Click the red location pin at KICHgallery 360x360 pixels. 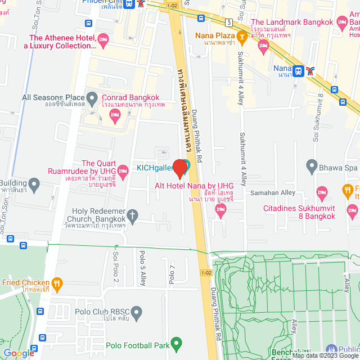pyautogui.click(x=181, y=168)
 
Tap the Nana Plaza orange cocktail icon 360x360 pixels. pyautogui.click(x=242, y=38)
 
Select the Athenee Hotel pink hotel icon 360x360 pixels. pyautogui.click(x=102, y=39)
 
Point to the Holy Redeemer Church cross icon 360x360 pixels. pyautogui.click(x=133, y=215)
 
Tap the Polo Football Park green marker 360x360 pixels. pyautogui.click(x=177, y=343)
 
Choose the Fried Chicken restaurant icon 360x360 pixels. pyautogui.click(x=57, y=283)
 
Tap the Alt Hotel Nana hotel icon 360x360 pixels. pyautogui.click(x=220, y=210)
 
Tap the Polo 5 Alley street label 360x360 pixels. pyautogui.click(x=142, y=268)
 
